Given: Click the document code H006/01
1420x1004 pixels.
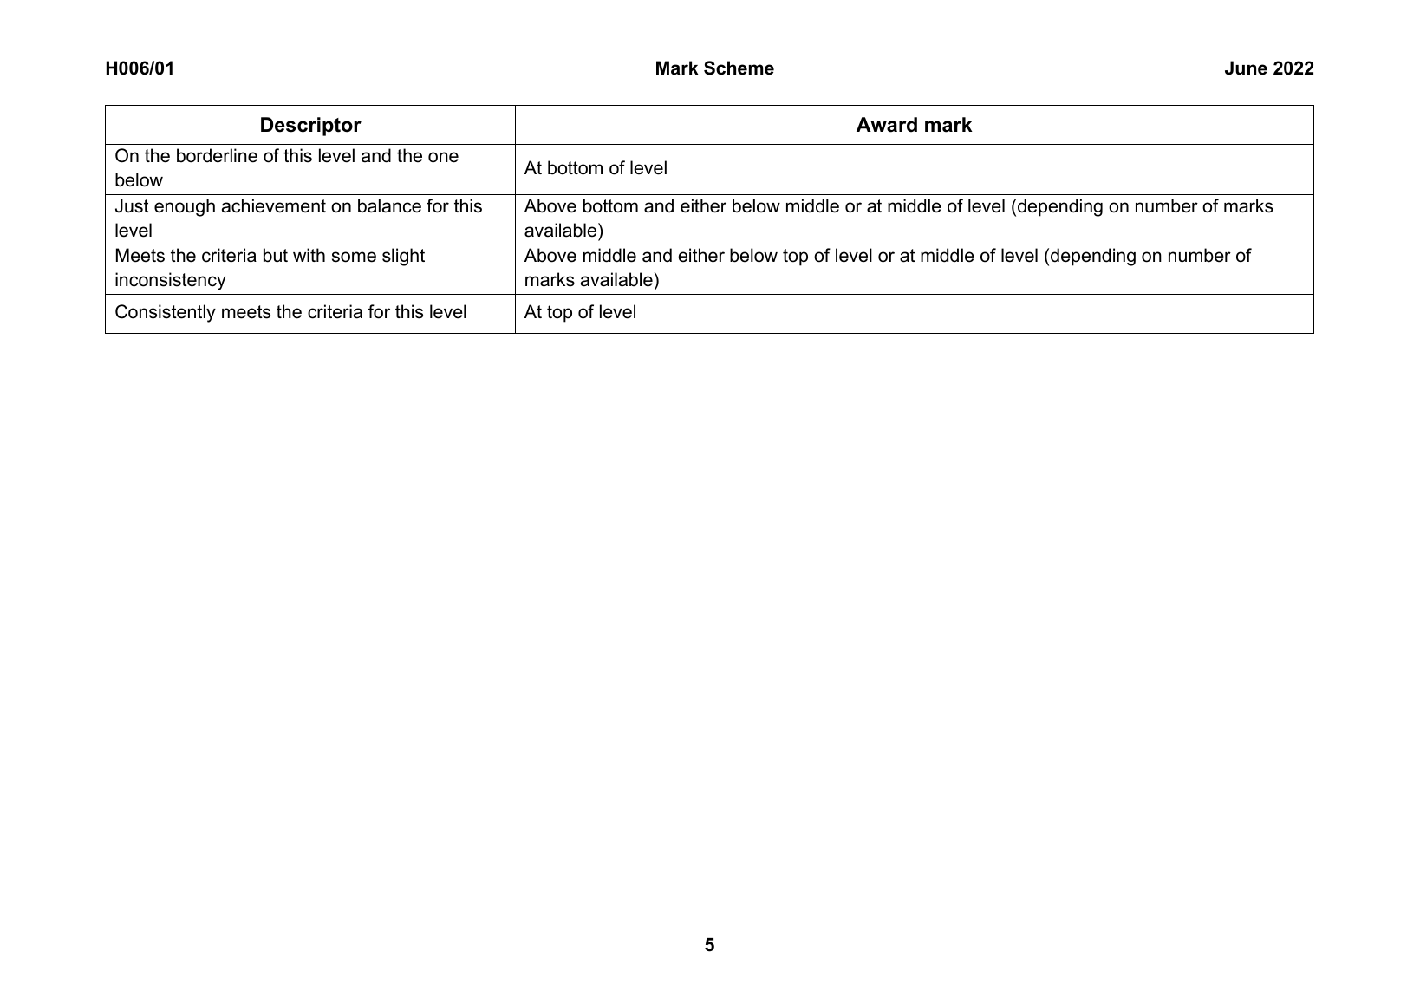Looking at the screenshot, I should (140, 68).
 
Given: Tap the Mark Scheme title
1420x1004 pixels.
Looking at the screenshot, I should (714, 68).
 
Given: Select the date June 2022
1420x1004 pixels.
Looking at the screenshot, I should (1268, 68).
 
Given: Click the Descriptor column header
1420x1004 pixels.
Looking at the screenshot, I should (309, 125).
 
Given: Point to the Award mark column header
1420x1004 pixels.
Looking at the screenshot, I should (914, 125).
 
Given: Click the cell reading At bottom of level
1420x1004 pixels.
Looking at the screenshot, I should (596, 168).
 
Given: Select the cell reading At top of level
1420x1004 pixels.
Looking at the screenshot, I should (580, 312).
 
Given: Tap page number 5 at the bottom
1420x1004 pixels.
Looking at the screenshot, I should (709, 945).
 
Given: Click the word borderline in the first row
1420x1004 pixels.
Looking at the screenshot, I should (218, 157).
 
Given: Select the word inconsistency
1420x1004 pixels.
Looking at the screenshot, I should (170, 280).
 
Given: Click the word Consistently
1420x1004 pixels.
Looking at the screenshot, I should (165, 312).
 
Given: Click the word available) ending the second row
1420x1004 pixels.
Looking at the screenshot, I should (563, 231).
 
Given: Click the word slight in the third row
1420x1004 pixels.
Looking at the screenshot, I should (401, 256).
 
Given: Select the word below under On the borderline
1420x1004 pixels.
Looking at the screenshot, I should (139, 180).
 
